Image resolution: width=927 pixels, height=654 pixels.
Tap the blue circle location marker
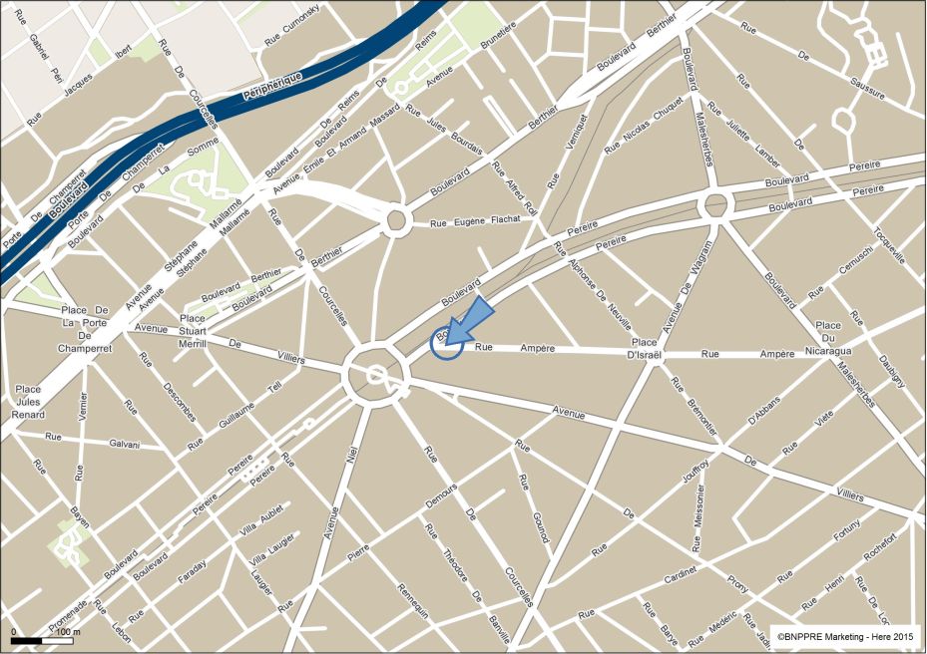[445, 342]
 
